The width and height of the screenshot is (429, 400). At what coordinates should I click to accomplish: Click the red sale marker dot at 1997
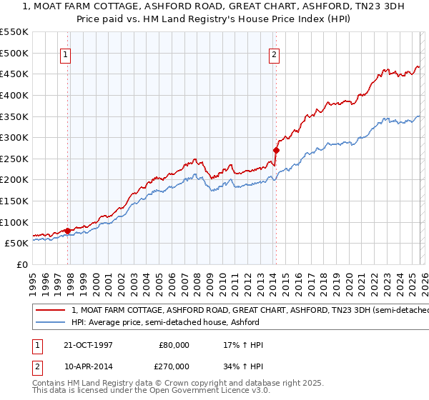coord(68,231)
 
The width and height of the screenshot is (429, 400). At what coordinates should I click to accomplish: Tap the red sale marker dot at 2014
coord(275,150)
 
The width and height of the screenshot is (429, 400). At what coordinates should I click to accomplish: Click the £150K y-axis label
coord(14,201)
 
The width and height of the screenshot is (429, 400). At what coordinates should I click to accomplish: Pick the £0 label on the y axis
coord(21,264)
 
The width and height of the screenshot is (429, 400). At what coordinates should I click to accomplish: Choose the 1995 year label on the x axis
coord(33,280)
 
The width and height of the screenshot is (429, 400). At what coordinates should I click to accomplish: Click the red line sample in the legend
coord(51,310)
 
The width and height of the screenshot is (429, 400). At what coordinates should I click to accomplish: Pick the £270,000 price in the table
coord(174,366)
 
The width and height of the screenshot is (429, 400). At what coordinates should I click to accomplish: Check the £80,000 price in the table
coord(174,345)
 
